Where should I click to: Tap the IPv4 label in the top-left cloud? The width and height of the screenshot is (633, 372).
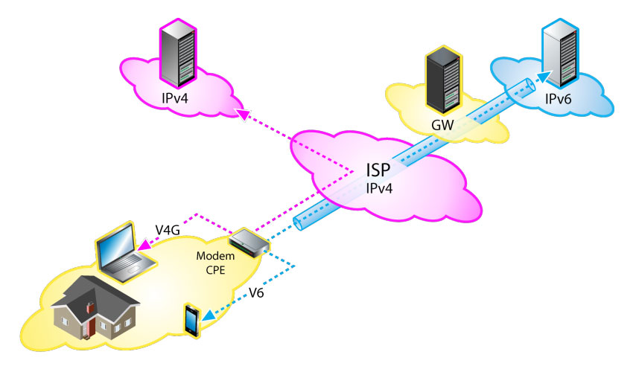click(x=178, y=97)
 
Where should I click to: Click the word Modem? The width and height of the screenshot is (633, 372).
click(x=211, y=256)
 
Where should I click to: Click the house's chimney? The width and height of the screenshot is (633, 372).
click(x=89, y=307)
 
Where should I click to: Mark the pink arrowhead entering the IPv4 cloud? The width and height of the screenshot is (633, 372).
click(x=241, y=112)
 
